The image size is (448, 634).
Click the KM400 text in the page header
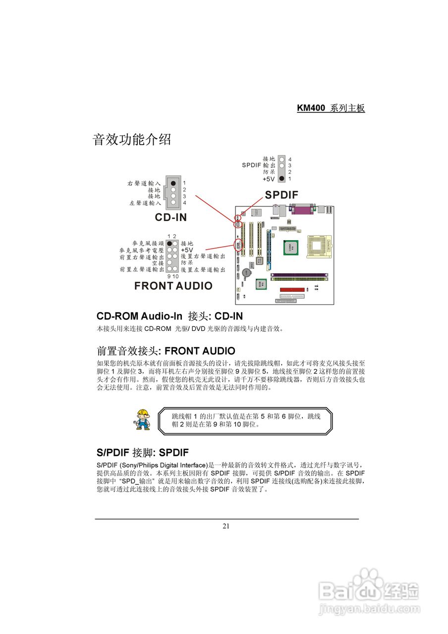click(311, 108)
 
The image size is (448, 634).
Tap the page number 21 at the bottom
click(226, 526)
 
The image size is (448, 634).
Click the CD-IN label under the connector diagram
click(171, 217)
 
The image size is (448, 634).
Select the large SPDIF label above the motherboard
click(281, 195)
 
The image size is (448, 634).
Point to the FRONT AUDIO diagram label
click(173, 286)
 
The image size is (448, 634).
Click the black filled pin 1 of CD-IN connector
click(173, 183)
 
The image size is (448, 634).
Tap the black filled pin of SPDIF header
click(281, 178)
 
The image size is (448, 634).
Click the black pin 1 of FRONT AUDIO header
click(169, 244)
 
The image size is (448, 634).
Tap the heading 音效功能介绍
click(132, 140)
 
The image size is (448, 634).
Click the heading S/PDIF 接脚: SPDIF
click(142, 453)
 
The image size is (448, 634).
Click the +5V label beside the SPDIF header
click(269, 178)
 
